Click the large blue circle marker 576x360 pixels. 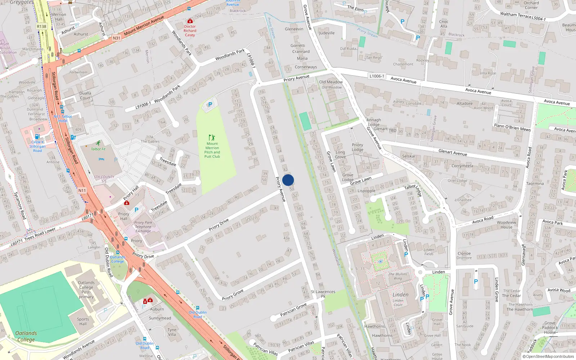pos(288,180)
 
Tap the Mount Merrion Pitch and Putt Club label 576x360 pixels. pos(212,150)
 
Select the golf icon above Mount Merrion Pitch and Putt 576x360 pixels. pos(212,138)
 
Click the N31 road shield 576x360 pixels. pos(116,38)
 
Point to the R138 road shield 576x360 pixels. pos(41,26)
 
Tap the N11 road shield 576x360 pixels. pos(82,190)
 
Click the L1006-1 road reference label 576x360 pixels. pos(377,76)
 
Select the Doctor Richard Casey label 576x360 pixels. pos(190,31)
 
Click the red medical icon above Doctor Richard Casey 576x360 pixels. pos(190,21)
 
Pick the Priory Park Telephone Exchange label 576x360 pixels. pos(143,227)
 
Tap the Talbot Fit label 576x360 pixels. pos(98,149)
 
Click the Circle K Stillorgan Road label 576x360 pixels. pos(37,146)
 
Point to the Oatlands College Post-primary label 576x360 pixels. pos(86,290)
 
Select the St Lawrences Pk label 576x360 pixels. pos(323,294)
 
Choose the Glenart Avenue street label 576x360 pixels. pos(453,153)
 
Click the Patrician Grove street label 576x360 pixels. pos(293,309)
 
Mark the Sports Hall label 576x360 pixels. pos(83,321)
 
